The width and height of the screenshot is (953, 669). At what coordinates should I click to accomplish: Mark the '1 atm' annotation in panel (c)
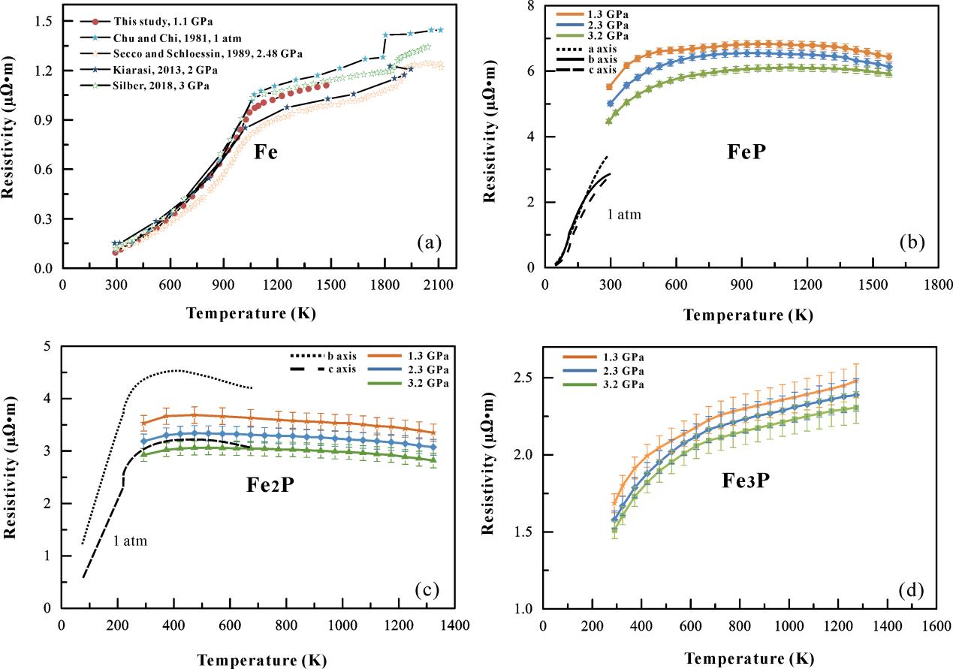pos(131,541)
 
